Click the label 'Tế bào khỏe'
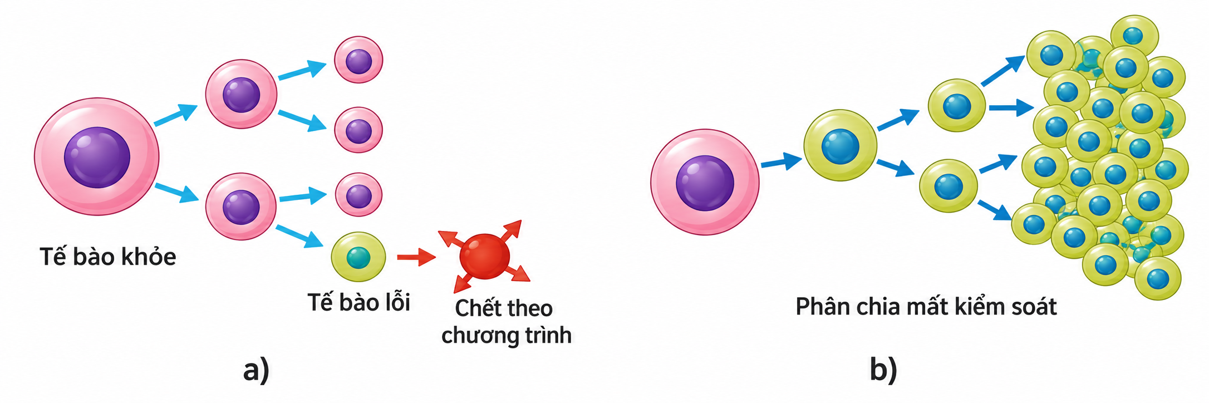pyautogui.click(x=108, y=257)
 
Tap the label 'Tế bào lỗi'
pyautogui.click(x=359, y=302)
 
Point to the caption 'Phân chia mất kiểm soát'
pyautogui.click(x=926, y=307)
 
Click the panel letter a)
pyautogui.click(x=256, y=370)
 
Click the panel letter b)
pyautogui.click(x=883, y=369)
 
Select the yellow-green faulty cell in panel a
pyautogui.click(x=358, y=257)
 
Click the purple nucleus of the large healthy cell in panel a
pyautogui.click(x=97, y=158)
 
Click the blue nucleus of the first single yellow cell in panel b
pyautogui.click(x=841, y=146)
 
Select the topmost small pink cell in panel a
pyautogui.click(x=358, y=60)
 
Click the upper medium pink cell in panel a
pyautogui.click(x=241, y=94)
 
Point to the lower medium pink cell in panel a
pyautogui.click(x=241, y=207)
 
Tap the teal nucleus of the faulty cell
pyautogui.click(x=358, y=258)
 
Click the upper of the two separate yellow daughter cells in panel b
pyautogui.click(x=956, y=105)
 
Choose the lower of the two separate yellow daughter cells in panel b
pyautogui.click(x=948, y=186)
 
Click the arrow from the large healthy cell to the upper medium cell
pyautogui.click(x=176, y=115)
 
